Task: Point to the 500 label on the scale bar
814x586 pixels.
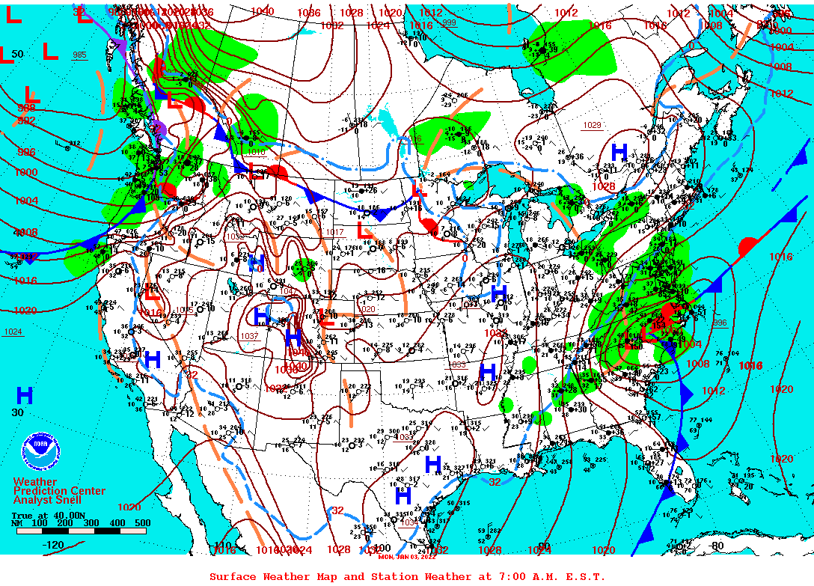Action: click(x=142, y=523)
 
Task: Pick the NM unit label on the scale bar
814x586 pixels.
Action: click(x=16, y=523)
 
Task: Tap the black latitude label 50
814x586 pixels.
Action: click(x=18, y=55)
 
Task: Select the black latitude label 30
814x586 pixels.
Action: click(x=18, y=412)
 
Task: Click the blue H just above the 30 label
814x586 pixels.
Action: click(x=25, y=395)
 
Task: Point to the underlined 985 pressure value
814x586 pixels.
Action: click(x=79, y=55)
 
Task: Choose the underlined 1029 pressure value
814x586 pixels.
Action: click(x=592, y=125)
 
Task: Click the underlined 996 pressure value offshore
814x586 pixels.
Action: click(x=720, y=323)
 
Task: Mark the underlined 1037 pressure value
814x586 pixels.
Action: click(x=249, y=336)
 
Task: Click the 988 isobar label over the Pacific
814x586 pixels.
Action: click(x=26, y=109)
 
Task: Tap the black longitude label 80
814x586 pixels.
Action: click(x=717, y=546)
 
